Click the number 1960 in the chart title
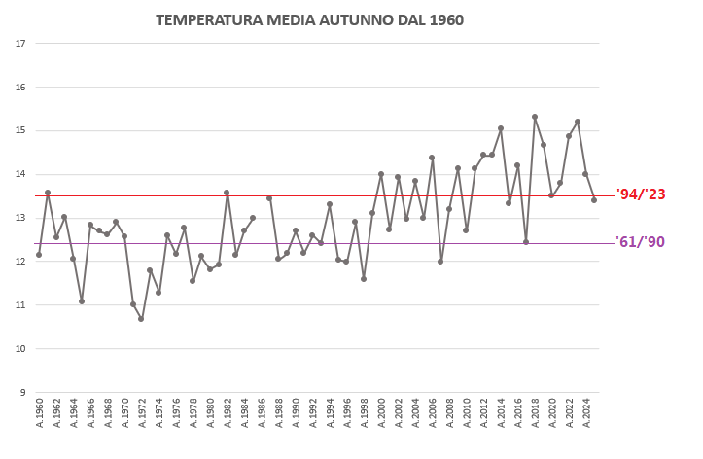point(443,19)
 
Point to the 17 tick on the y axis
point(19,43)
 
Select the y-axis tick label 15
point(19,130)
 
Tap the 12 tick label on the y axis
point(19,262)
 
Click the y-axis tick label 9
point(21,393)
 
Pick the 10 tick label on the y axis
point(19,349)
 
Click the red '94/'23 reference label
point(641,194)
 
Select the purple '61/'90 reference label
point(641,242)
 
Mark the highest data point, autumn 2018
point(535,117)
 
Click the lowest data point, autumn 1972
point(141,319)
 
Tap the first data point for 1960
point(39,255)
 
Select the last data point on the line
point(594,200)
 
